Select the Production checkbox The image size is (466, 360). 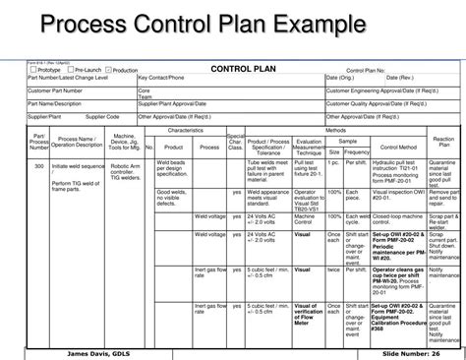click(108, 70)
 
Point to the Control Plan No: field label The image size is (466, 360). click(368, 70)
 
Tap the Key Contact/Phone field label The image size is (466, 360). click(162, 77)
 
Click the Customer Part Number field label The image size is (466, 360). click(55, 90)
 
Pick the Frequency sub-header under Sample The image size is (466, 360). click(357, 152)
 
